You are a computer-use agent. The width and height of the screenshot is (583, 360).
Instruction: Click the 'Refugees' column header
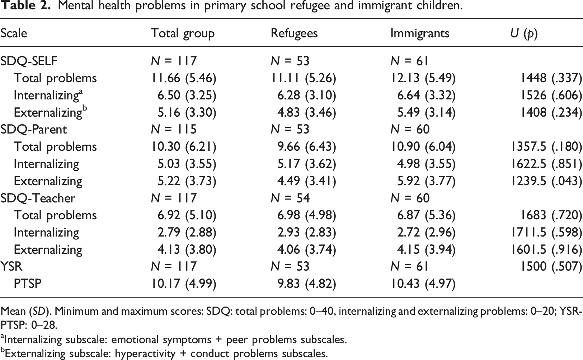[x=294, y=34]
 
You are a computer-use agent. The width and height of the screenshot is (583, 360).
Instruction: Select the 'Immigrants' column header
[x=420, y=34]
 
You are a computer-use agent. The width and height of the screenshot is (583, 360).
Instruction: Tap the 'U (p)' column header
[x=524, y=34]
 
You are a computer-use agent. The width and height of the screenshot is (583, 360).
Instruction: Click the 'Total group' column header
[x=183, y=34]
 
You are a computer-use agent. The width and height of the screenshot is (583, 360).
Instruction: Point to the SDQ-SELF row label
[x=29, y=61]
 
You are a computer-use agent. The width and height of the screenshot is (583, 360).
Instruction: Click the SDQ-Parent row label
[x=34, y=129]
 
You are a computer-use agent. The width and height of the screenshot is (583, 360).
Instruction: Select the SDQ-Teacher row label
[x=38, y=198]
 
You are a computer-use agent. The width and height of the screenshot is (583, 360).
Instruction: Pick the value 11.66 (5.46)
[x=184, y=78]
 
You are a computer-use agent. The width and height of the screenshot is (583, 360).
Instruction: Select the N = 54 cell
[x=290, y=198]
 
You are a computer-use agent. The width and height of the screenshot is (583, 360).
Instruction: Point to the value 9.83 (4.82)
[x=307, y=284]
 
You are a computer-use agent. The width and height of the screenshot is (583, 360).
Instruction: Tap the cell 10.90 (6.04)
[x=423, y=147]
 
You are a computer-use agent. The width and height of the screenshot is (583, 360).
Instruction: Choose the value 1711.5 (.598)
[x=546, y=233]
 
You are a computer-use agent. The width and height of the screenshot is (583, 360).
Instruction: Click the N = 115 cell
[x=174, y=129]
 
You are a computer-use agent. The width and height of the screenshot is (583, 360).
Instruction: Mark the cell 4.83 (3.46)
[x=307, y=113]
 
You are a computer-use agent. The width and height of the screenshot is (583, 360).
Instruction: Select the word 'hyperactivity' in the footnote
[x=145, y=354]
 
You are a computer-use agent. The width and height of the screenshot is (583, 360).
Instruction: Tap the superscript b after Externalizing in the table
[x=85, y=108]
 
